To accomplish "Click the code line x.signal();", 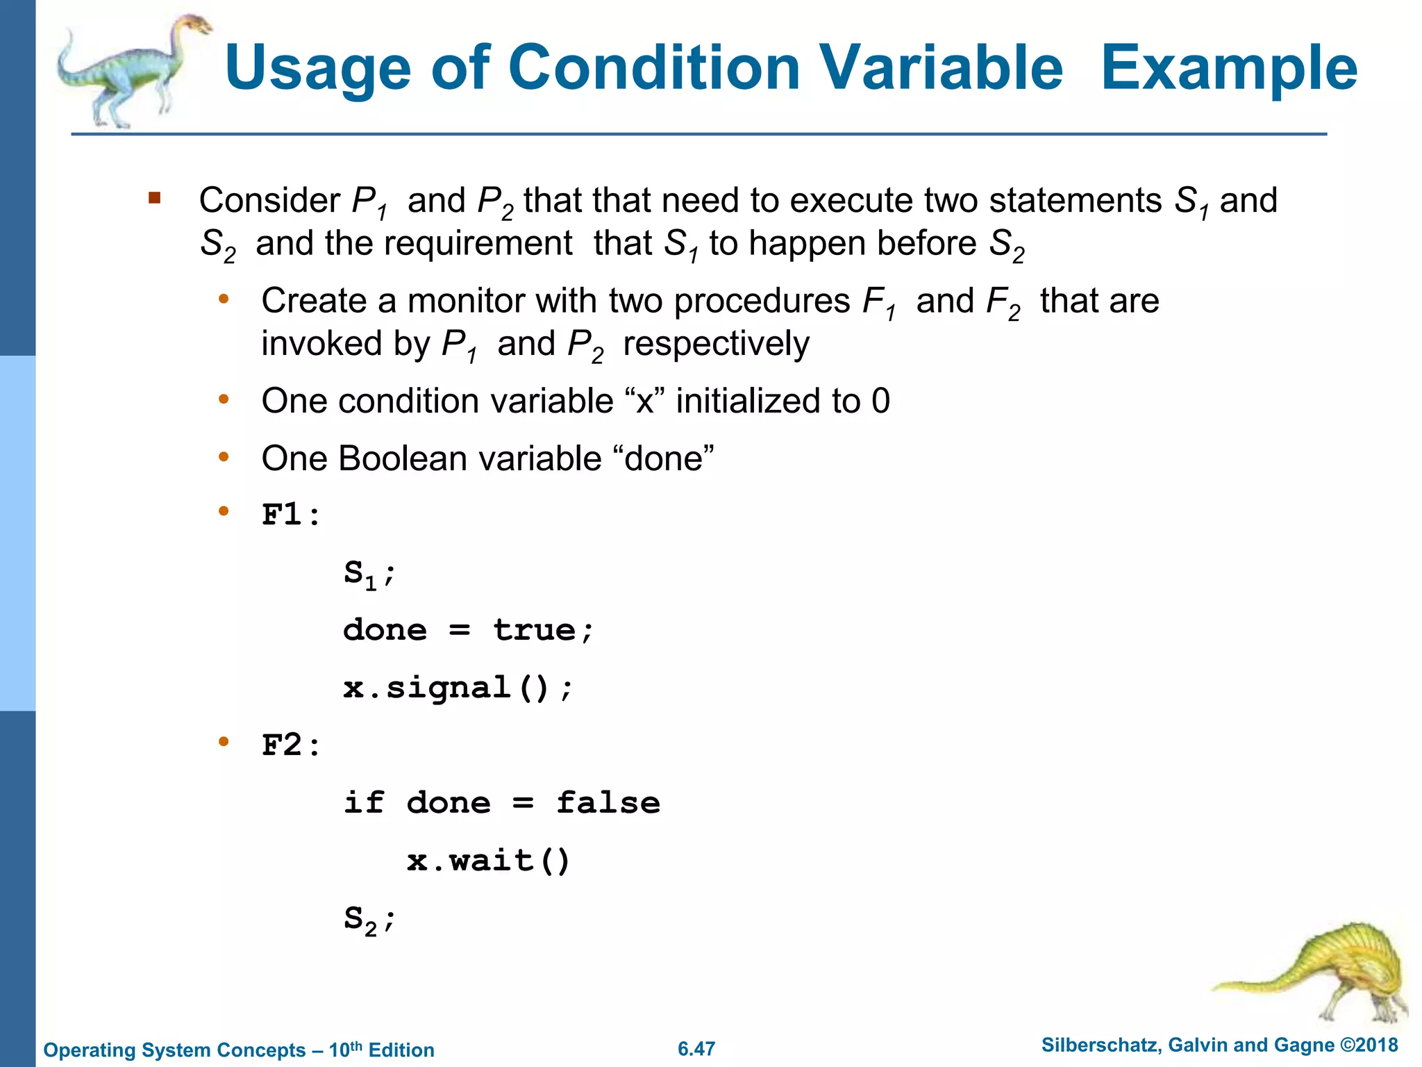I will click(458, 688).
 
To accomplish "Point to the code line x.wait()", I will click(488, 861).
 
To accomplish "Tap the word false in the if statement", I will click(608, 803).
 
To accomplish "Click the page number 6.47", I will click(696, 1049).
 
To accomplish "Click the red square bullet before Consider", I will click(154, 199).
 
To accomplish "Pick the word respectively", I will click(716, 344).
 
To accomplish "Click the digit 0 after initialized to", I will click(880, 401).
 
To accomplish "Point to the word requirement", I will click(478, 244).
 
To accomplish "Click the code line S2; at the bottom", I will click(369, 919).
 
